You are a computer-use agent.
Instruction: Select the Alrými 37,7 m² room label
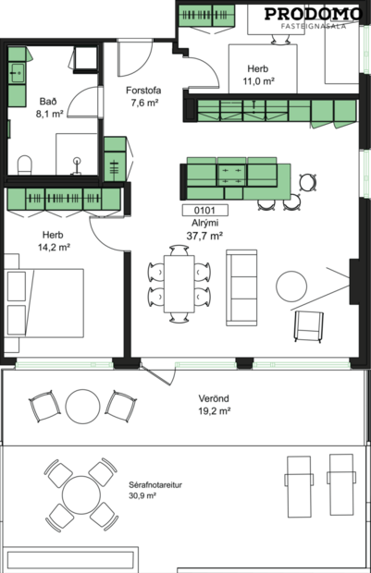(x=204, y=230)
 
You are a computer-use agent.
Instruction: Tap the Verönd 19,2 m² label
(x=215, y=406)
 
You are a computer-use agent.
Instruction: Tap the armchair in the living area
(x=308, y=324)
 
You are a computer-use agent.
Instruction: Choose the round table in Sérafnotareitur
(x=84, y=491)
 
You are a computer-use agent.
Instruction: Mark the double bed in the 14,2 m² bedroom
(x=44, y=310)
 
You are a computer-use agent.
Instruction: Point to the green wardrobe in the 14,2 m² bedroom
(x=65, y=200)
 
